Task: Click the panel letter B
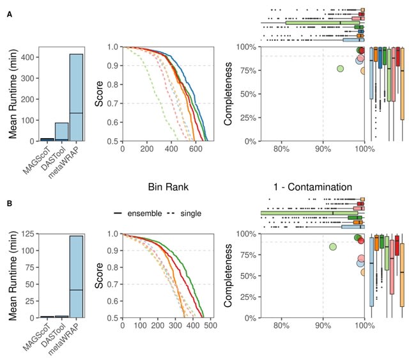click(8, 204)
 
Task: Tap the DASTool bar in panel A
click(61, 132)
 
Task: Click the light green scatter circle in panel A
click(341, 68)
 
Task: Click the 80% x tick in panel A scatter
click(281, 148)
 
